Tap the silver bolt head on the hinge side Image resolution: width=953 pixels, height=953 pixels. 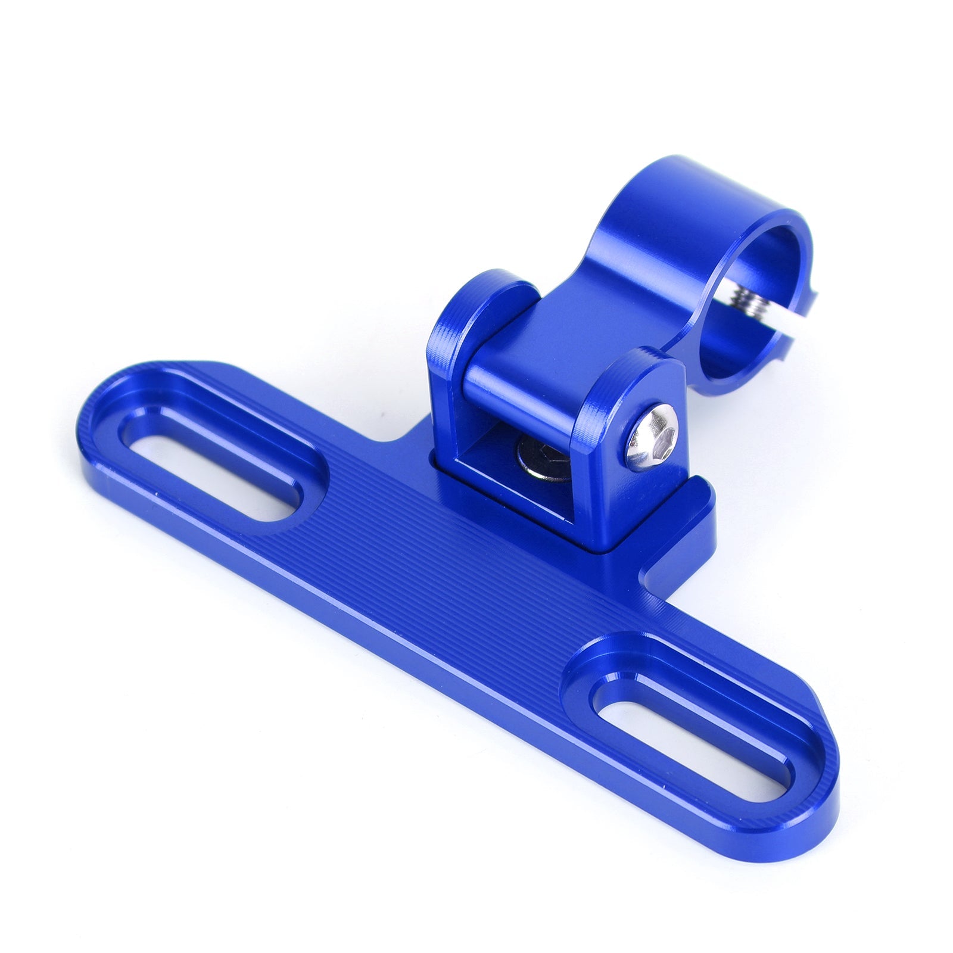coord(653,437)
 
